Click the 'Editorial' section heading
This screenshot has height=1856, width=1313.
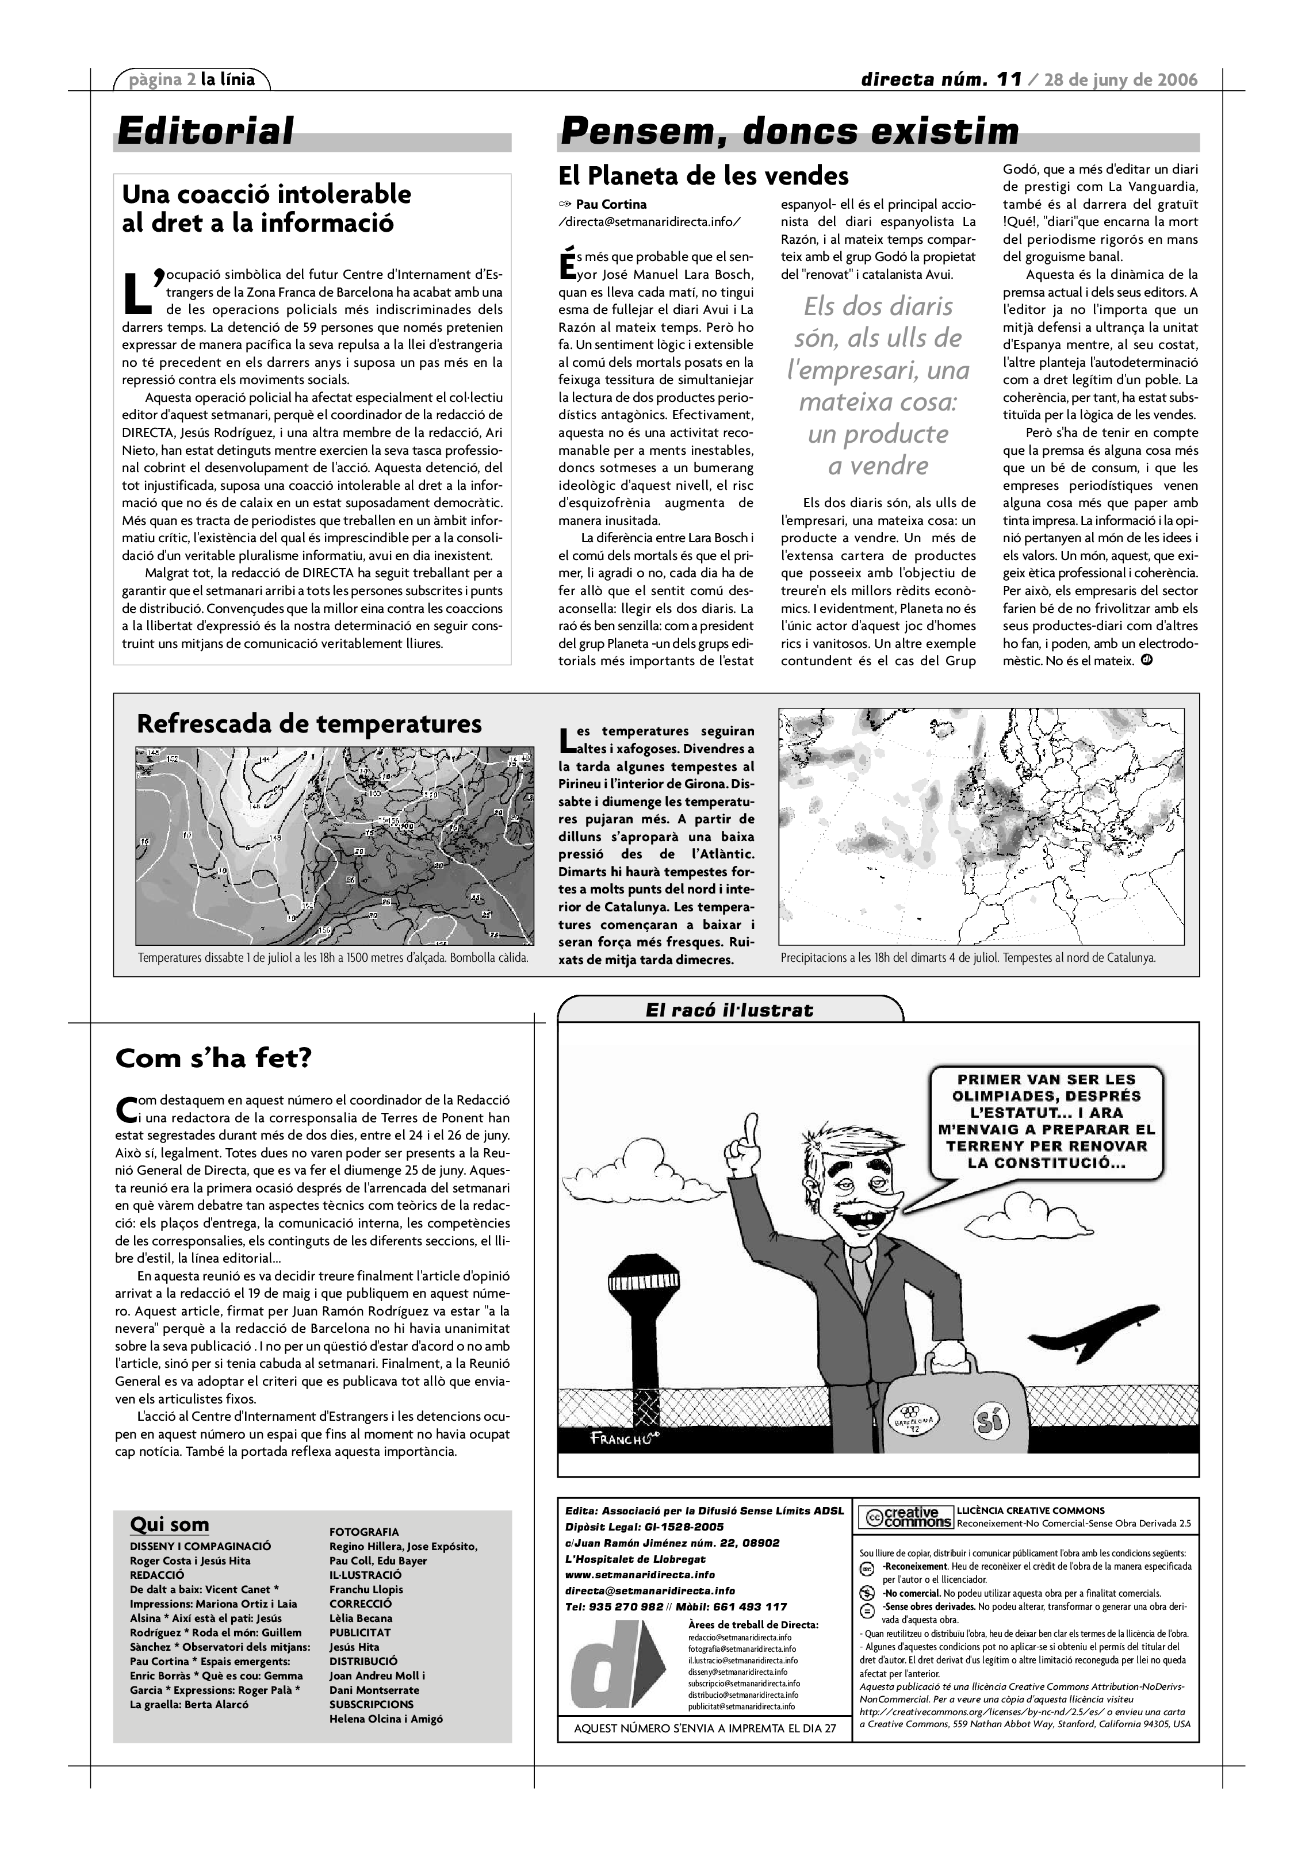tap(205, 131)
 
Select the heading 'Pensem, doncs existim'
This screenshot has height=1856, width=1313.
tap(789, 131)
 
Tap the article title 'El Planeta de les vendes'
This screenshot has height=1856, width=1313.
tap(703, 175)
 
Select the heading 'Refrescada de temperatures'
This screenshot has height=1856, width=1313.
tap(309, 723)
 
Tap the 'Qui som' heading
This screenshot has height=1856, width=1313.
tap(169, 1525)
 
